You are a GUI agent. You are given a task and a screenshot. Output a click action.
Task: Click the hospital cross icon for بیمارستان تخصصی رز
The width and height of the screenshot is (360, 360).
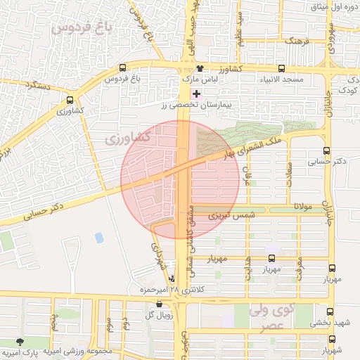[x=196, y=94]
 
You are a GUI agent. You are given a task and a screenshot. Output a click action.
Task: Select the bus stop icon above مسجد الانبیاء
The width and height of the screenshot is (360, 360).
[x=281, y=69]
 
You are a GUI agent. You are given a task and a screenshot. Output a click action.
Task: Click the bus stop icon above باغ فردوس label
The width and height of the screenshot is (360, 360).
[x=123, y=69]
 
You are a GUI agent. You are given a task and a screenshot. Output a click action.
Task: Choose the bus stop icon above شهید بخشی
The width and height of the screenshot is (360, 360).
[x=330, y=311]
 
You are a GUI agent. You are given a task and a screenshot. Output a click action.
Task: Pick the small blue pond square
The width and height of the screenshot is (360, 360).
[x=99, y=238]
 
